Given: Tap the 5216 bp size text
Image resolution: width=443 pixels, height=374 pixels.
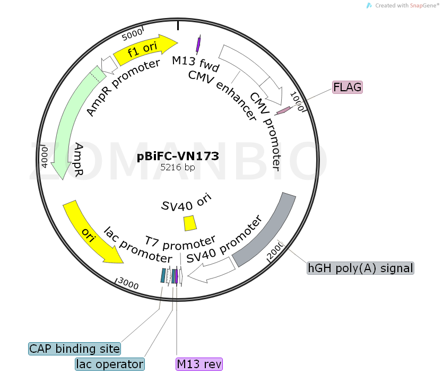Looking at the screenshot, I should [x=178, y=167].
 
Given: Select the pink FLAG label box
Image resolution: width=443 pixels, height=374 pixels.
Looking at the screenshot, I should [x=348, y=87].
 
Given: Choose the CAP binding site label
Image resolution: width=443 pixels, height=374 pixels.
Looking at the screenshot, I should [x=74, y=349].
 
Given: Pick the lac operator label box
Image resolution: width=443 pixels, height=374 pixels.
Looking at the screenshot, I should [x=110, y=364].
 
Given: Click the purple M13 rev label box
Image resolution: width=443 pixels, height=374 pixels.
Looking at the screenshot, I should [x=199, y=364].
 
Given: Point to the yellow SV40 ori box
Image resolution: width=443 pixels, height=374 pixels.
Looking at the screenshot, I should [x=190, y=223].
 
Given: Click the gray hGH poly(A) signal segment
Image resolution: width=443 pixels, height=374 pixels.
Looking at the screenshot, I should [x=265, y=231].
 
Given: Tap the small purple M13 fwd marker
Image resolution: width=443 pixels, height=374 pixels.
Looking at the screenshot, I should [x=198, y=45].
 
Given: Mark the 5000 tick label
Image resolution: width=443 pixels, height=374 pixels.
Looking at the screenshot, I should [x=132, y=36].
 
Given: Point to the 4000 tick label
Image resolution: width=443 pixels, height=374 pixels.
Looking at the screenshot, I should [x=45, y=158].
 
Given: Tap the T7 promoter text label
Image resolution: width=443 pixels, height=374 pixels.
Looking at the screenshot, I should [x=181, y=244].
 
